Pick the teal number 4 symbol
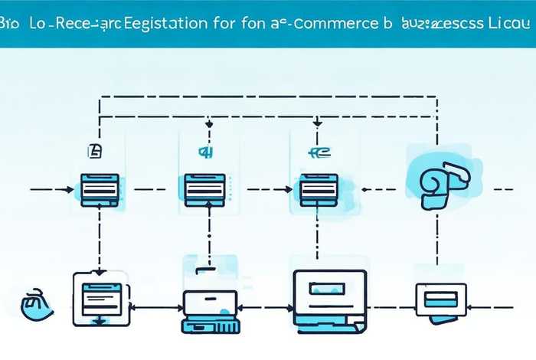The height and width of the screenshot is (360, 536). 204,152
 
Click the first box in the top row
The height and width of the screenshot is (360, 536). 99,186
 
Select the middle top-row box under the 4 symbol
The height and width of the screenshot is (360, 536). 204,186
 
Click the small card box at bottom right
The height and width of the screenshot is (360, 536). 440,298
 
